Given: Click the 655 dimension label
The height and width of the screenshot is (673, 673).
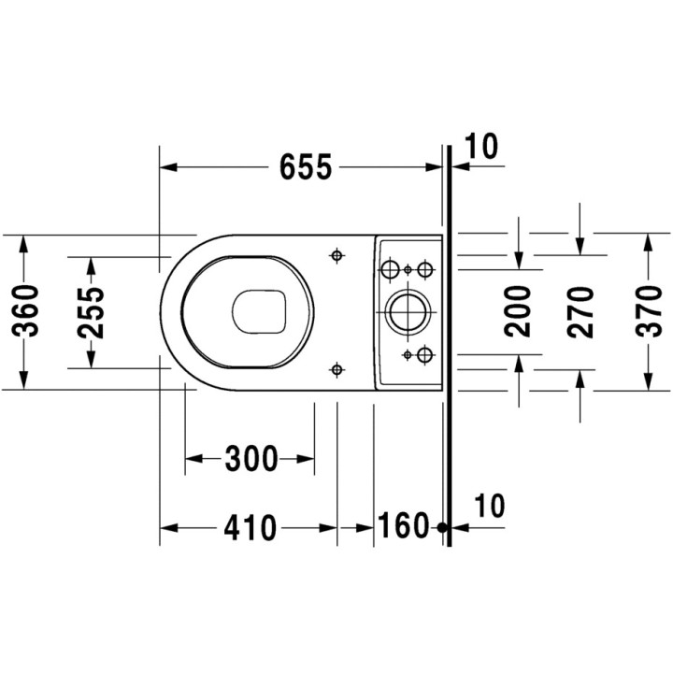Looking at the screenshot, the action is coord(306,166).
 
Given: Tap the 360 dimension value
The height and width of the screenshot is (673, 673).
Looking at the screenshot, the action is coord(25,310).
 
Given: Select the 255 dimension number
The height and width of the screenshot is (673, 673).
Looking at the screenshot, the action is coord(91,312).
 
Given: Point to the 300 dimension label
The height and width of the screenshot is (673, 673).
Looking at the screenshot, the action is coord(251,458).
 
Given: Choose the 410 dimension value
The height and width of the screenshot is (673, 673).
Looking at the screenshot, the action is coord(251,528).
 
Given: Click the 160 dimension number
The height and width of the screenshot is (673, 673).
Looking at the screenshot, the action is coord(403,525).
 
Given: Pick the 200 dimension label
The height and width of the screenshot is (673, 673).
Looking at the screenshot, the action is coord(518,311).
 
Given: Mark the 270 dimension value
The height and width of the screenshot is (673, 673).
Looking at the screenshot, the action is coord(580,312).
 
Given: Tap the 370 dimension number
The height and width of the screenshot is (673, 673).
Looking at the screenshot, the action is coord(650,311).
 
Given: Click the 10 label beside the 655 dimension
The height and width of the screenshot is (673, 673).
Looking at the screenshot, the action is coord(481,147).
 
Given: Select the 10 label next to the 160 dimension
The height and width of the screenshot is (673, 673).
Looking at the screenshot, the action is coord(490,506).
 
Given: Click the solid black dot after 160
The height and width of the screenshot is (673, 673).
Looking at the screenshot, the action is coord(442,527).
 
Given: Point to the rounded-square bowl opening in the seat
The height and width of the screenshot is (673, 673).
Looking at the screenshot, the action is coord(259,311).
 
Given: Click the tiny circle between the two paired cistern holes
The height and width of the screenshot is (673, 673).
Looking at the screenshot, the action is coord(408,269).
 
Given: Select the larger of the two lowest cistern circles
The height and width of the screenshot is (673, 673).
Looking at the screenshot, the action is coord(425,354).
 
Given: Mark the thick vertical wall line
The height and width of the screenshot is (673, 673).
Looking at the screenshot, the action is coord(450,346).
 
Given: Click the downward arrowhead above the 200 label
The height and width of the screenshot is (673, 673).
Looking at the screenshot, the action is coord(519,260).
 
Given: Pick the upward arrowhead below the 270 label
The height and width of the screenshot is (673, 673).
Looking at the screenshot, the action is coord(580,379).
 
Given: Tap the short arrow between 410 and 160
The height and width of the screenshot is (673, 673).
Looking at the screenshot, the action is coord(355,528).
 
